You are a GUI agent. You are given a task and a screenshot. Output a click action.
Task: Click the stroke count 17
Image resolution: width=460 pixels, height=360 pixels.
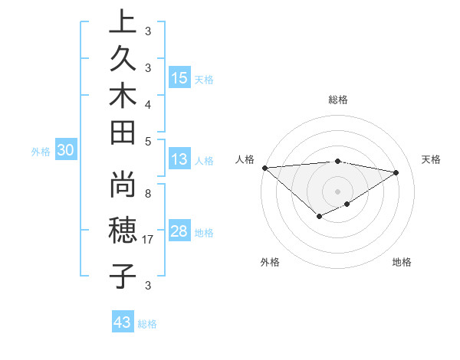point(149,240)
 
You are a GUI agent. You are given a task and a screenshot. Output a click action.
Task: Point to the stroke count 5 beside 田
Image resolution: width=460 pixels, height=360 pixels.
point(147,141)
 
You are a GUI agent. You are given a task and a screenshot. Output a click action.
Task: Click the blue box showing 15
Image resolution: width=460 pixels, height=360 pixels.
point(179,78)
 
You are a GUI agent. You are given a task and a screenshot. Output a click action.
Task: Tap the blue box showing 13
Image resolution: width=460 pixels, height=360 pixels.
point(179,159)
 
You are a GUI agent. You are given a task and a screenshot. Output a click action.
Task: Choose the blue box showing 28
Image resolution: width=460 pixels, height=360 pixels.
point(179,231)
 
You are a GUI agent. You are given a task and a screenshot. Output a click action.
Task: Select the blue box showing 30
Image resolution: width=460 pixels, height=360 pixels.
point(66,151)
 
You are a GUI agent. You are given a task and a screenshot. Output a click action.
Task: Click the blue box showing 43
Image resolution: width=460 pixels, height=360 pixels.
point(123,322)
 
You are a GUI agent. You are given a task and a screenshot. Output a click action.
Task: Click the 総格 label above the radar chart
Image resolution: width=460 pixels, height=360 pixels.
point(337,100)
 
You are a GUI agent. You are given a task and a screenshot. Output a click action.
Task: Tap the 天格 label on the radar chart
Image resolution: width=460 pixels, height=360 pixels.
point(431,159)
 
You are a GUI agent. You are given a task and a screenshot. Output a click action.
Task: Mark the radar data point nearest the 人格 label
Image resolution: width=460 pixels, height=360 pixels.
point(264,168)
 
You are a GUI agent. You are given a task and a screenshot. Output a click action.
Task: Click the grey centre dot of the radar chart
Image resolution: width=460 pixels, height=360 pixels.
point(337,191)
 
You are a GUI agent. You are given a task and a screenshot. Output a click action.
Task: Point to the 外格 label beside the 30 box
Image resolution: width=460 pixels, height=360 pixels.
point(41,152)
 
